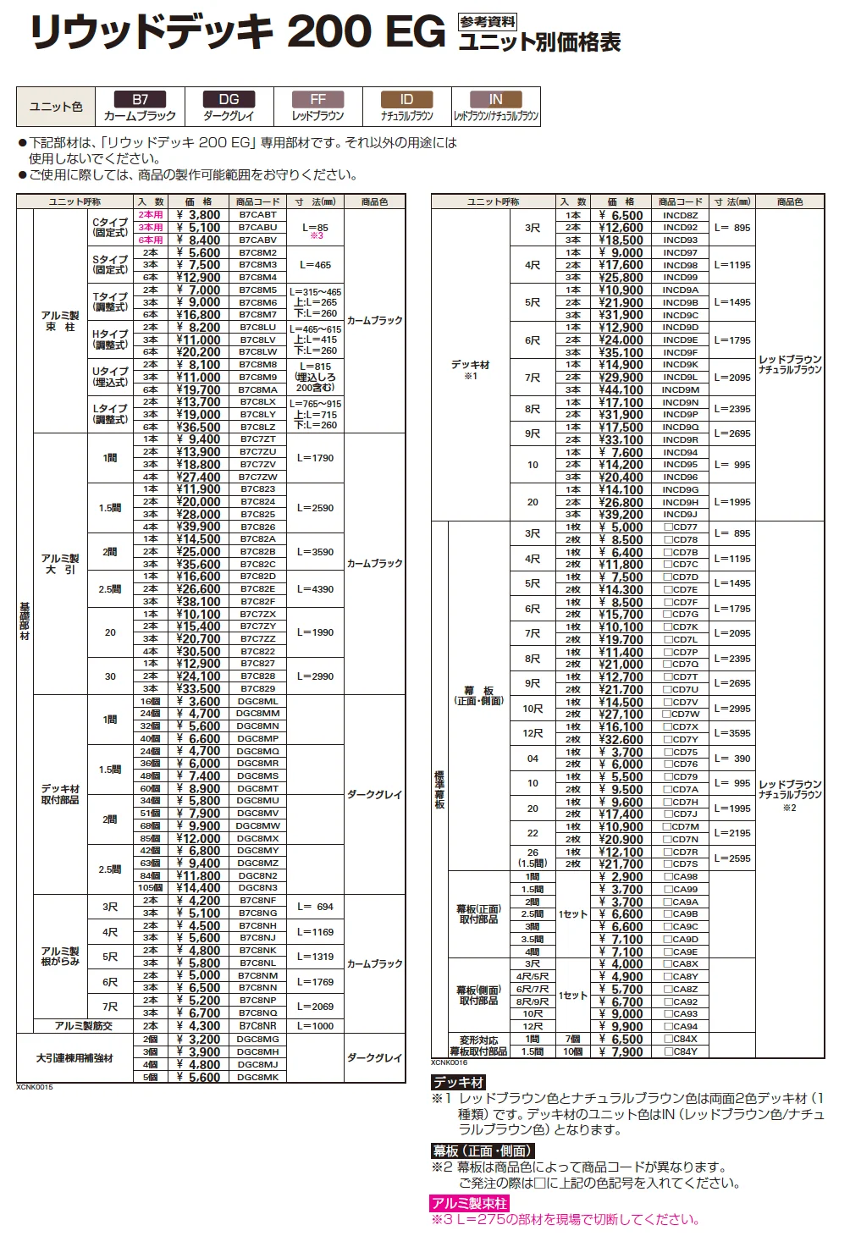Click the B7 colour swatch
click(140, 99)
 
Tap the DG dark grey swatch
click(229, 99)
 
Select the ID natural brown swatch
click(406, 99)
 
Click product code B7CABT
click(257, 215)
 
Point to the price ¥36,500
click(198, 427)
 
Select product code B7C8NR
click(257, 1026)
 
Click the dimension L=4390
click(315, 588)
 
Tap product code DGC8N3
click(257, 888)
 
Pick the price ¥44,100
click(621, 389)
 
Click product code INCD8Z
click(681, 215)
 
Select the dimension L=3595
click(732, 733)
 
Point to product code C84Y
click(682, 1051)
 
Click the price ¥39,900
click(198, 527)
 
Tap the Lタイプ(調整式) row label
click(110, 414)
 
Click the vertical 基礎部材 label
click(25, 621)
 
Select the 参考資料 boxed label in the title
click(488, 22)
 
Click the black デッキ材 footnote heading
click(458, 1083)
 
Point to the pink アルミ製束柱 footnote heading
click(469, 1204)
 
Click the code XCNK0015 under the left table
click(35, 1087)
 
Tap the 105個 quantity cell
click(150, 888)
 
